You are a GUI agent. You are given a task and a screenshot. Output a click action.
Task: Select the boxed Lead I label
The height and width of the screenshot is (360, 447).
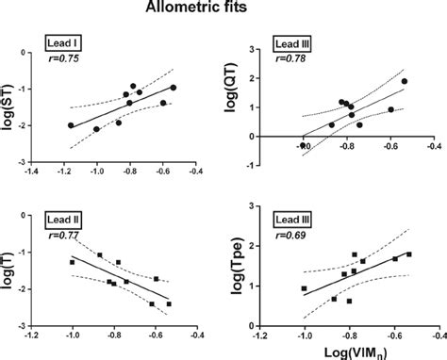64,43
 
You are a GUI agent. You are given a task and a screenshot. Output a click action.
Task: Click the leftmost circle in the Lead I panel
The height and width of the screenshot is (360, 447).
71,125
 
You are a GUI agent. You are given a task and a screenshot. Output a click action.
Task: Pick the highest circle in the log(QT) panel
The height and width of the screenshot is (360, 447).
404,81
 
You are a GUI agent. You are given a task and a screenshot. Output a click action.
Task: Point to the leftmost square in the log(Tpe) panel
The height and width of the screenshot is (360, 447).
304,288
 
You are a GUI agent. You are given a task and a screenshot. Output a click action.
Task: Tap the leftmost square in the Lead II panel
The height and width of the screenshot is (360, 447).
72,262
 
